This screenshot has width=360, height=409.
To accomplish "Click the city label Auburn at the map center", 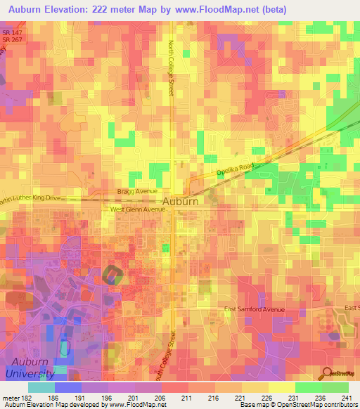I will click(x=180, y=201).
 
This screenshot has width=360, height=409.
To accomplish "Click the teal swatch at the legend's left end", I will click(x=41, y=387).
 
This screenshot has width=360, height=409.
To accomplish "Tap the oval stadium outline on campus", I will click(x=112, y=275).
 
